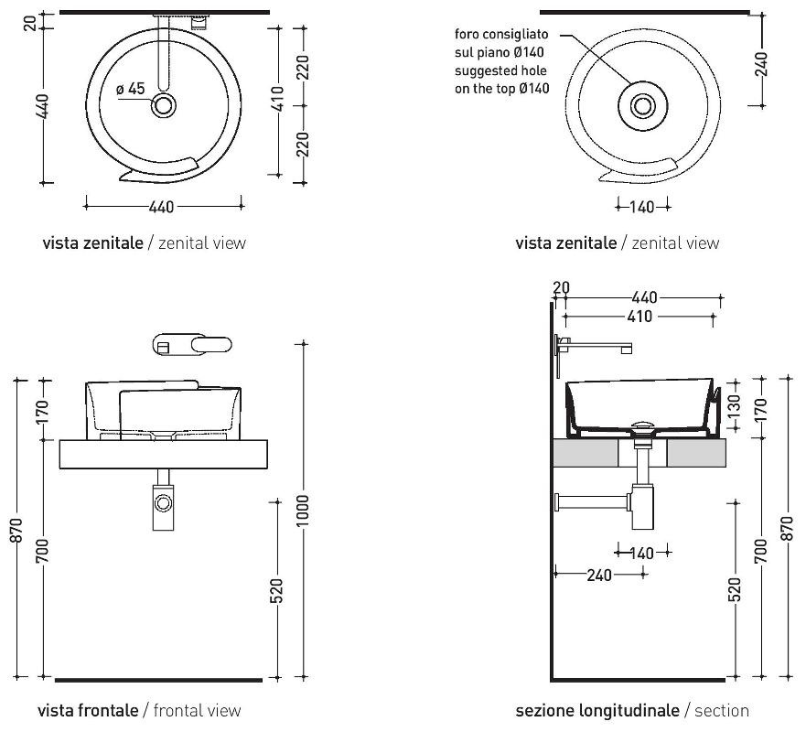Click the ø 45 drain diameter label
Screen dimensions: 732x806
point(131,89)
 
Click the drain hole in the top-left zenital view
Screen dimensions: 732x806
point(165,105)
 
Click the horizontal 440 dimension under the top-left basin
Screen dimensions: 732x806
point(161,207)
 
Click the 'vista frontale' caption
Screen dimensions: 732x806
point(88,710)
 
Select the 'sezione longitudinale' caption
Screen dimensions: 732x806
point(596,710)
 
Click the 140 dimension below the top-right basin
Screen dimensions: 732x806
point(643,207)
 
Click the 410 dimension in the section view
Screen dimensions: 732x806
point(640,317)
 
